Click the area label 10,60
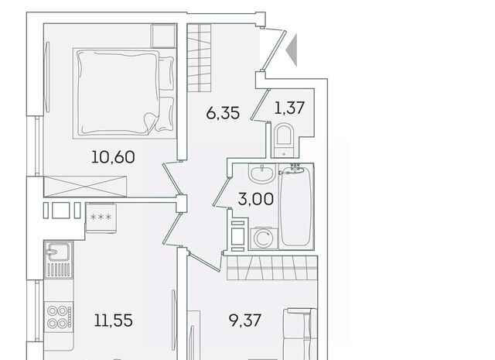point(113,157)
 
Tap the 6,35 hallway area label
point(223,113)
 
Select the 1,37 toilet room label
point(289,108)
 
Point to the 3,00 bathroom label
point(256,199)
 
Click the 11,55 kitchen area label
point(114,321)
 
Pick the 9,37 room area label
point(245,321)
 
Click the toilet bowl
point(284,141)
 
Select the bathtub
point(296,206)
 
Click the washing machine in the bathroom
point(264,238)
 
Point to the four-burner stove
point(59,317)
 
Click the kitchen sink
point(59,259)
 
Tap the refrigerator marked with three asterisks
point(101,218)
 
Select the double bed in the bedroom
point(125,93)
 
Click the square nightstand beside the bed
point(163,36)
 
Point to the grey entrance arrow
point(292,50)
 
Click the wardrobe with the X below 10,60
point(85,187)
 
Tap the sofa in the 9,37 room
point(300,334)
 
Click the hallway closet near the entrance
point(200,58)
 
